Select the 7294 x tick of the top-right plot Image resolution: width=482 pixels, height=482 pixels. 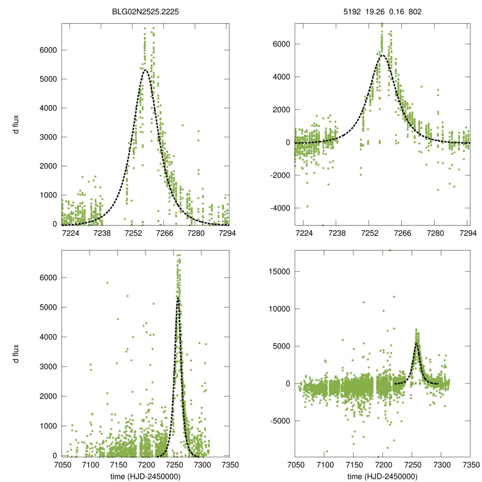(467, 233)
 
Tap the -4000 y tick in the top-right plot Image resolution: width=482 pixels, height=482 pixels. (281, 208)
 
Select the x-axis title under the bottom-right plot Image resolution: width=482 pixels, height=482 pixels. (382, 476)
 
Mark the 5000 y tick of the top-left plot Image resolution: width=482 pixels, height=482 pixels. (48, 79)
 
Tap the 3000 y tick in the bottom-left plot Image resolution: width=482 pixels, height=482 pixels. (48, 367)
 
